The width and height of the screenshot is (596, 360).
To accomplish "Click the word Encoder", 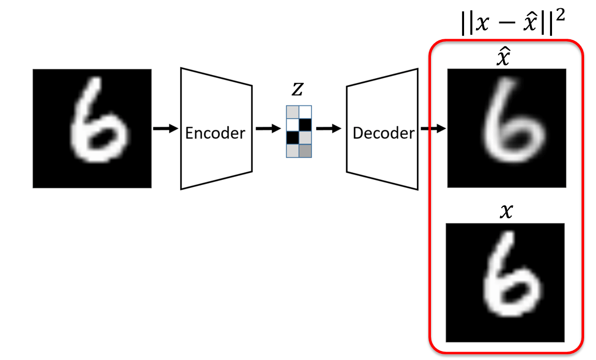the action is click(x=215, y=133).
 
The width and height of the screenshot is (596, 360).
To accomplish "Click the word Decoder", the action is click(x=383, y=133).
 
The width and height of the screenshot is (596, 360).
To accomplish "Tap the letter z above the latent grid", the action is click(x=297, y=89).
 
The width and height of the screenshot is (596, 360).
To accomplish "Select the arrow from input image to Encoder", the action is click(x=166, y=128).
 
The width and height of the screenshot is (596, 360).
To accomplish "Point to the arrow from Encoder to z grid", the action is click(x=269, y=128).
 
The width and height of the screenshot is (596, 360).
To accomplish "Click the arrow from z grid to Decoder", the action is click(x=329, y=128).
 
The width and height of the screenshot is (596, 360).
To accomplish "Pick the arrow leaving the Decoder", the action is click(x=434, y=128).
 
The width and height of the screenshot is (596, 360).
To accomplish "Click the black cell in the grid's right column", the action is click(x=305, y=125).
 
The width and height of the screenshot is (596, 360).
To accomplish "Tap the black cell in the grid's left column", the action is click(x=293, y=138).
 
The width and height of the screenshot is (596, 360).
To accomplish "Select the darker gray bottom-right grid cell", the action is click(x=305, y=151).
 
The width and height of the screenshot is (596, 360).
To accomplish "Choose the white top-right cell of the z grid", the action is click(x=305, y=112).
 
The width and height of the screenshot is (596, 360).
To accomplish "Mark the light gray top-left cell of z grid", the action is click(x=293, y=112).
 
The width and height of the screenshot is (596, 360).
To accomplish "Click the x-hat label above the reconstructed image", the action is click(x=503, y=58).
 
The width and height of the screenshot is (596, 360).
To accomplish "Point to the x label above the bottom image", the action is click(x=506, y=211).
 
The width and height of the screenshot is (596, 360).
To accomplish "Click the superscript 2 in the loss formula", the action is click(x=560, y=16).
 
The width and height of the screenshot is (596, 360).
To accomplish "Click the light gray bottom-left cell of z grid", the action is click(x=293, y=151).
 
